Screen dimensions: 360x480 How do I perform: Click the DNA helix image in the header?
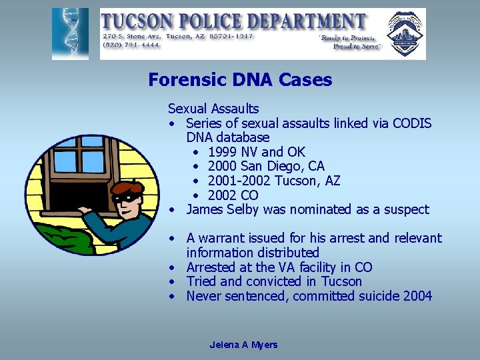(x=70, y=34)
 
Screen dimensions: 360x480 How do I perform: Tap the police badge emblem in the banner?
(x=405, y=34)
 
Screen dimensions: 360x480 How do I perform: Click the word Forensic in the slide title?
(x=181, y=81)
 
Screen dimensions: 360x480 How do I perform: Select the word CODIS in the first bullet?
(x=410, y=123)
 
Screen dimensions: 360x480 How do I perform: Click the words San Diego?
(x=270, y=167)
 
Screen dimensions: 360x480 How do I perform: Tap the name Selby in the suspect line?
(x=243, y=209)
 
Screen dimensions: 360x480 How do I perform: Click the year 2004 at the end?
(x=417, y=296)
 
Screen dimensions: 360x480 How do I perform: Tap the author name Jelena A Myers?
(x=243, y=345)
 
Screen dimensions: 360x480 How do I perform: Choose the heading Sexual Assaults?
(x=213, y=109)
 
